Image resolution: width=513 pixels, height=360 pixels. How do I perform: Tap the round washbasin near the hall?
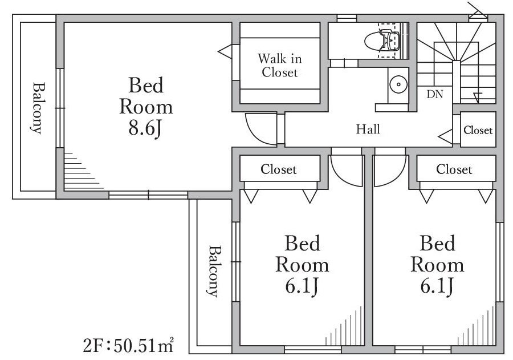(398, 84)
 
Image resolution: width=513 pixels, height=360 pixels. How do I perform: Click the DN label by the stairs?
(435, 94)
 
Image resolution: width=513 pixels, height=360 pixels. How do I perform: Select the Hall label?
(368, 129)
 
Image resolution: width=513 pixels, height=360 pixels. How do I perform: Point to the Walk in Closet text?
(280, 66)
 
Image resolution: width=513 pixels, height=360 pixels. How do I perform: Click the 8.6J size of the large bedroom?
(145, 128)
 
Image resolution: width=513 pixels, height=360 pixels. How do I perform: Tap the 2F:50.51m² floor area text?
(128, 346)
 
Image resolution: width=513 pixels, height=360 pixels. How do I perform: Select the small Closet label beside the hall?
(478, 131)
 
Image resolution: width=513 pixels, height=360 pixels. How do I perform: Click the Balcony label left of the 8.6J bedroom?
(39, 108)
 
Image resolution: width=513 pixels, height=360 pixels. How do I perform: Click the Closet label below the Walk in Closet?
(279, 169)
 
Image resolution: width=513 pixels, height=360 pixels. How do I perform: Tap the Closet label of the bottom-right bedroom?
(454, 169)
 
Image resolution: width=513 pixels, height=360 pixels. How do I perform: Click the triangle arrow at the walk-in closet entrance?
(225, 52)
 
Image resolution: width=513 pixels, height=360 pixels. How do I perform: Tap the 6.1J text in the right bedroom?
(437, 286)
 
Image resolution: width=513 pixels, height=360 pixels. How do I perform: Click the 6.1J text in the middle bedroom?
(302, 286)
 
